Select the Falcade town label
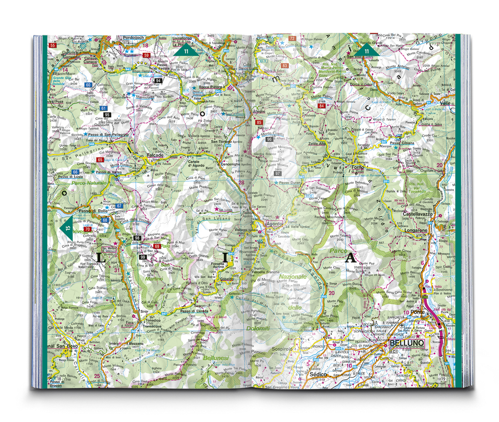pos(155,155)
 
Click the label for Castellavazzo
pos(419,214)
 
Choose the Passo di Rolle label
pos(93,211)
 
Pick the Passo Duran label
pos(291,182)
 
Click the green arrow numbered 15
pos(66,228)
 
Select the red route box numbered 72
pos(293,38)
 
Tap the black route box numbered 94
pos(158,80)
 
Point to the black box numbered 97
pos(277,173)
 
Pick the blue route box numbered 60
pos(88,85)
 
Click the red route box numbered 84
pos(321,106)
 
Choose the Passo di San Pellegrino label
pos(109,134)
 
